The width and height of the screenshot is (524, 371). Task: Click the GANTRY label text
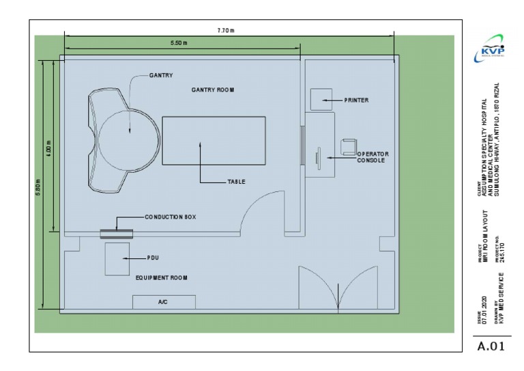click(x=162, y=75)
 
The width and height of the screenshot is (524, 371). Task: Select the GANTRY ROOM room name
click(x=214, y=90)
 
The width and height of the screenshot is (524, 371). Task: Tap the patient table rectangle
click(x=214, y=141)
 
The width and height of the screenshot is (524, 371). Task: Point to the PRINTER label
click(x=356, y=100)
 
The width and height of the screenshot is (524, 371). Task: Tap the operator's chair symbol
click(x=349, y=146)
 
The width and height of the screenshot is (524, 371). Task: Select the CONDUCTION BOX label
click(x=170, y=217)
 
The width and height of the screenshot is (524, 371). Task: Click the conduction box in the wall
click(x=116, y=234)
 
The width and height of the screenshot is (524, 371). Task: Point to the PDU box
click(x=117, y=258)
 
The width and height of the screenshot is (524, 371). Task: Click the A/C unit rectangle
click(x=164, y=301)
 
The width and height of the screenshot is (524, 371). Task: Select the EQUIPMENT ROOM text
click(x=162, y=278)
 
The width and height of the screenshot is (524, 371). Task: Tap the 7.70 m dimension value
click(x=226, y=31)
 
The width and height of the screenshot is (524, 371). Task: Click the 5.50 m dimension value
click(x=180, y=43)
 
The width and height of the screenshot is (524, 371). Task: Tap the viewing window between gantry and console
click(x=302, y=144)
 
